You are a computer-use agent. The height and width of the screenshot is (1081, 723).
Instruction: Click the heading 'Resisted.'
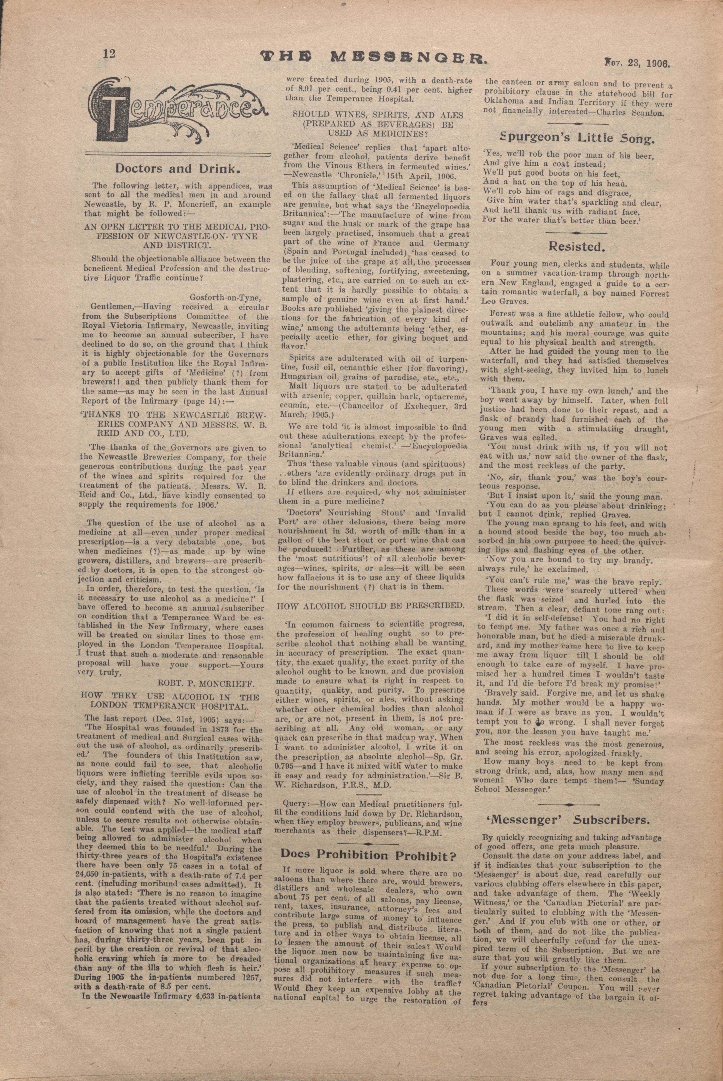tap(576, 247)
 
